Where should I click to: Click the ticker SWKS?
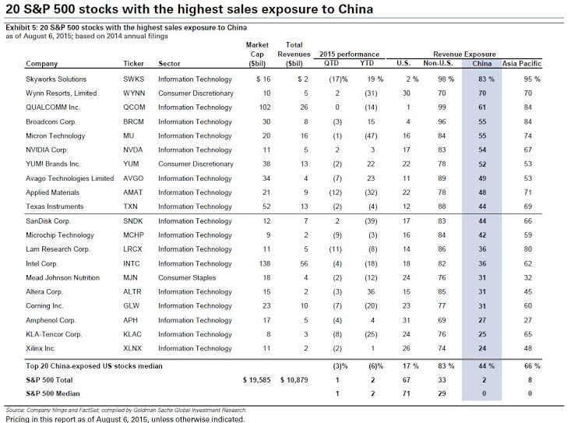(134, 79)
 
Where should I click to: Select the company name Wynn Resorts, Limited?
(62, 93)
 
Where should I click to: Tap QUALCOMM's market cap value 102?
(265, 108)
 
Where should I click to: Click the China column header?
(481, 63)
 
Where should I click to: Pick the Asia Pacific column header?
(522, 63)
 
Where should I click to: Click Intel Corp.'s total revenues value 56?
(304, 263)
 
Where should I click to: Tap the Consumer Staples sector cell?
(187, 278)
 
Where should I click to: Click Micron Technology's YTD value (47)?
(371, 136)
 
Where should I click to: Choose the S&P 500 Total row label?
(49, 380)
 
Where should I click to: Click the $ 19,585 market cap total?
(257, 380)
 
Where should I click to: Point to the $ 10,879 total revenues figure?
(294, 380)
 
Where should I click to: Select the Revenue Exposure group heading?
(464, 55)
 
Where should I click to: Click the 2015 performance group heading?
(349, 55)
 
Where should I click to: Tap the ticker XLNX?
(132, 348)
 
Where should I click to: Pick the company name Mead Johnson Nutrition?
(62, 278)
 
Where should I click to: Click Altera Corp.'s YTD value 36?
(371, 292)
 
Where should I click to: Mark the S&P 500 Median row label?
(52, 393)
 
